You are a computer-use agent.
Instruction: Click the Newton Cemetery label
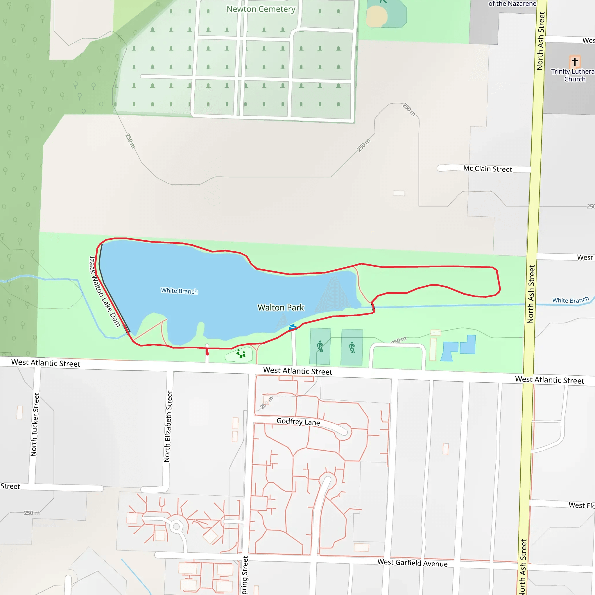261,9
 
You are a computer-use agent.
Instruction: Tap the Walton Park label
281,308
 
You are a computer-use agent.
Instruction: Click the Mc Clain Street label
488,169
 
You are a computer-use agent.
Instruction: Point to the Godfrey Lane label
298,422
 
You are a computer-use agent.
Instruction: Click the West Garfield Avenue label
412,563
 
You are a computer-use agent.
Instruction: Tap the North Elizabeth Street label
168,426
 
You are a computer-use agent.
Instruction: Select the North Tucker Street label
35,424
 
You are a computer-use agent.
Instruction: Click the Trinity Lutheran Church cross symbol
575,62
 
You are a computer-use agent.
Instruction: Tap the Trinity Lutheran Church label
573,75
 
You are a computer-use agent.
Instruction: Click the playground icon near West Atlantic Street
241,354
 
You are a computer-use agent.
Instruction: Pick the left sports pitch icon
320,347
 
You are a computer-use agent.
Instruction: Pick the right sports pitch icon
352,347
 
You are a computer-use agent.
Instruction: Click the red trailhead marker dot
207,354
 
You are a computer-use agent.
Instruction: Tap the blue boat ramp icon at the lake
292,327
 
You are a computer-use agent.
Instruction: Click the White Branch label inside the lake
179,291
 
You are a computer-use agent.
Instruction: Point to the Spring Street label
245,575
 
